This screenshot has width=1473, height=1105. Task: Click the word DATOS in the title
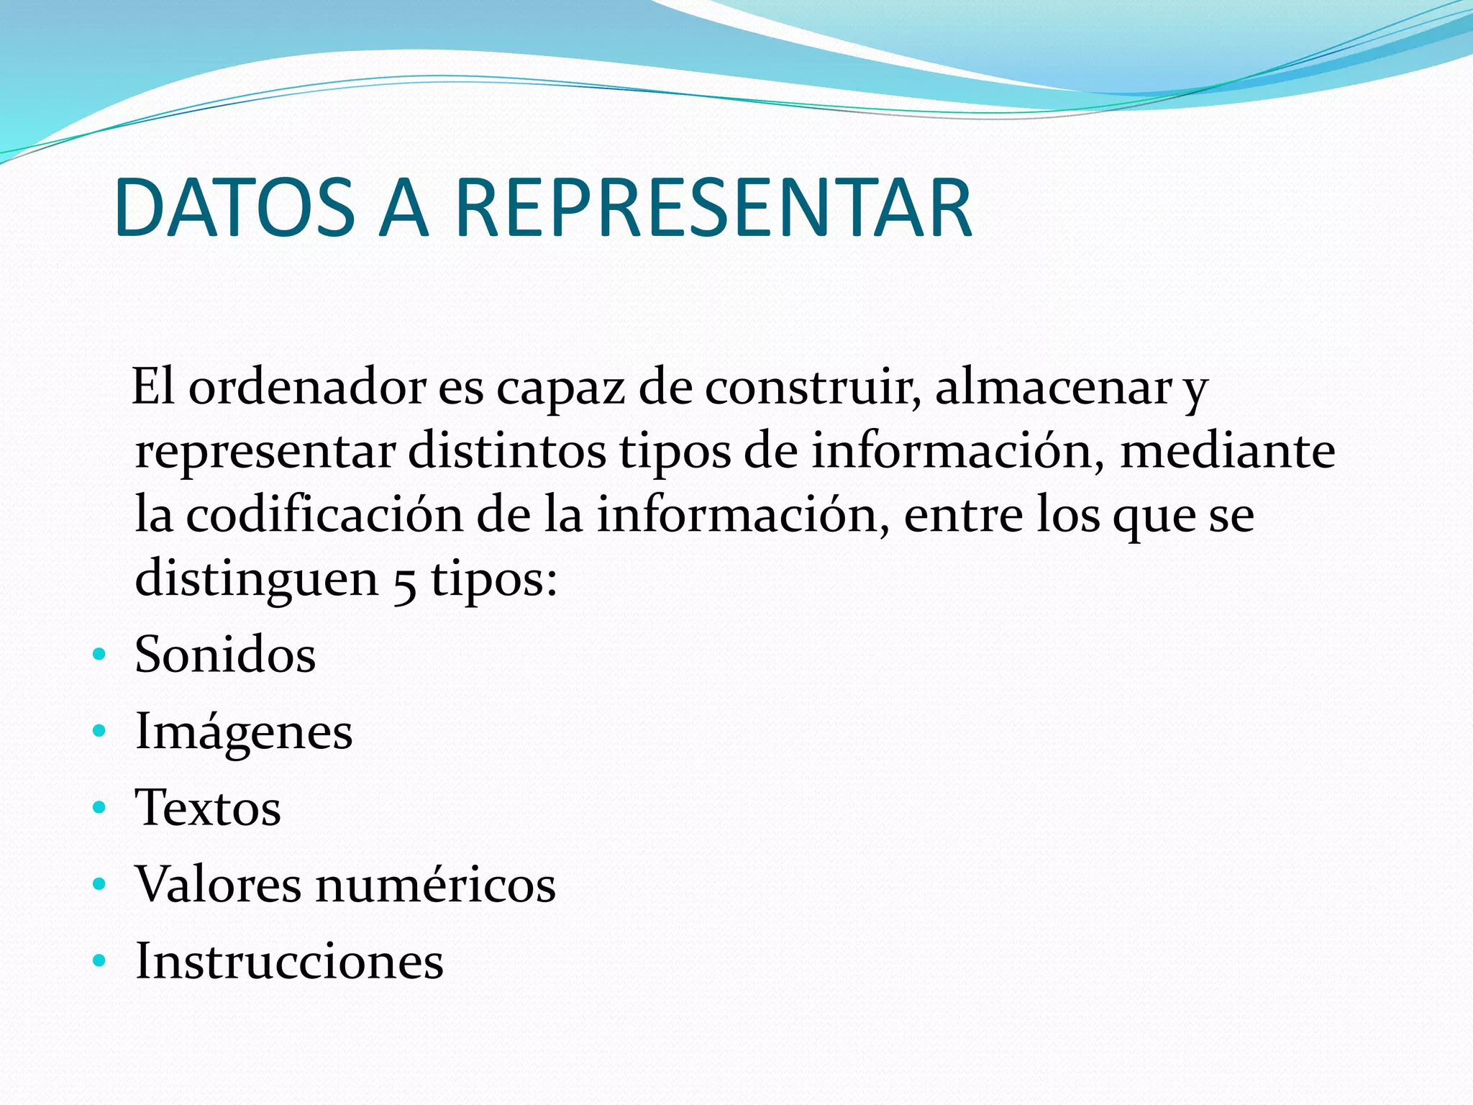(234, 209)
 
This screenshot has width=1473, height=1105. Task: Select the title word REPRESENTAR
(713, 209)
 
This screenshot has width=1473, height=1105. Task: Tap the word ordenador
(308, 388)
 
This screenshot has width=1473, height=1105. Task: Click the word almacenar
(1054, 388)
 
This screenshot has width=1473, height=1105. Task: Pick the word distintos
(507, 452)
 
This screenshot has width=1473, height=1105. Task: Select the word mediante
(1227, 452)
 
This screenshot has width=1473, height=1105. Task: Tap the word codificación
(324, 515)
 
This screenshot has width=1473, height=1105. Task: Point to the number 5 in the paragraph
(405, 583)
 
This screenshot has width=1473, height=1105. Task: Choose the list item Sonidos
(225, 655)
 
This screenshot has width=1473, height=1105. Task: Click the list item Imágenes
(244, 732)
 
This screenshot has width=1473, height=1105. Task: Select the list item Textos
(208, 808)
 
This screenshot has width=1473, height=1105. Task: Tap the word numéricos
(436, 884)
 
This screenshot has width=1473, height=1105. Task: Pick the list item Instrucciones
(289, 961)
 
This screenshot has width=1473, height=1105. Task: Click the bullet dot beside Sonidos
(99, 655)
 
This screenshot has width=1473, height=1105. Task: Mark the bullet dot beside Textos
(99, 807)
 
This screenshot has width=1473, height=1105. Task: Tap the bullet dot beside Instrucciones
(99, 960)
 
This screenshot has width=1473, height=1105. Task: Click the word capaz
(560, 388)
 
